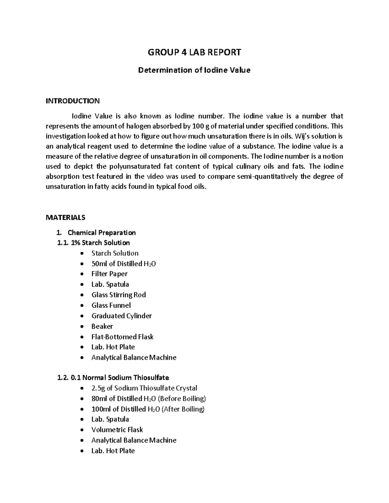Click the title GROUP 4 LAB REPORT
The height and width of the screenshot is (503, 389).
coord(194,52)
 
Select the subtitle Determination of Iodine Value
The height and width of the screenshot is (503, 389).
coord(194,70)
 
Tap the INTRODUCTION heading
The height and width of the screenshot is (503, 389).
coord(73,101)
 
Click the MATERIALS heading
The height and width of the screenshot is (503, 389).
coord(65,217)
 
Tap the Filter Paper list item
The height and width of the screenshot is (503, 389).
coord(109,274)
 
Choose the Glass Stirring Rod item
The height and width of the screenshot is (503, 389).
coord(118,295)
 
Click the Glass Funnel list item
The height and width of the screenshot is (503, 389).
coord(111,305)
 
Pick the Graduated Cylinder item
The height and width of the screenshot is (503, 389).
coord(122,316)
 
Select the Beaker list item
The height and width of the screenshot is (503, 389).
coord(102,326)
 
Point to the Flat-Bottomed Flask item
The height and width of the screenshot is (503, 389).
coord(122,337)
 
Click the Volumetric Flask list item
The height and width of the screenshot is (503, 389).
coord(117,429)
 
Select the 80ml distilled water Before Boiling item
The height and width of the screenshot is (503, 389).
coord(148,398)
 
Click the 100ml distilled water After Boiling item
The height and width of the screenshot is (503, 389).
coord(148,409)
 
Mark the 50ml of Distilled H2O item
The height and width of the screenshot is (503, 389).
coord(124,264)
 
